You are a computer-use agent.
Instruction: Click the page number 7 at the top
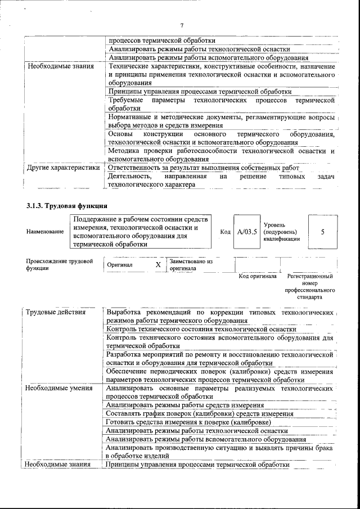pyautogui.click(x=182, y=25)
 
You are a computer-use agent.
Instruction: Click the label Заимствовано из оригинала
pyautogui.click(x=191, y=265)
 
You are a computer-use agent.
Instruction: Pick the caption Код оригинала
pyautogui.click(x=258, y=277)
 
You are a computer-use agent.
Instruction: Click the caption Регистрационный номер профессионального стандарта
pyautogui.click(x=310, y=286)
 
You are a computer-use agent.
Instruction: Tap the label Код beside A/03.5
pyautogui.click(x=226, y=232)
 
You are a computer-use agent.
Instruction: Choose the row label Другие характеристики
pyautogui.click(x=63, y=168)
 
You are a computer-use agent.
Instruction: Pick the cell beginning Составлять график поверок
pyautogui.click(x=200, y=413)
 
